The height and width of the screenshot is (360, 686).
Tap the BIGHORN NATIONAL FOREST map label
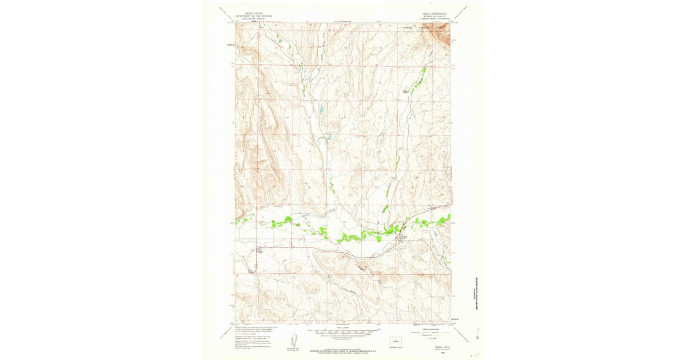coord(423,26)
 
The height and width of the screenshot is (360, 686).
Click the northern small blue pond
coord(321,109)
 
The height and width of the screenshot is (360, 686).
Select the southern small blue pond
coord(329,137)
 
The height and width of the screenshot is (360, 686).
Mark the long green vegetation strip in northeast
coord(420,77)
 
